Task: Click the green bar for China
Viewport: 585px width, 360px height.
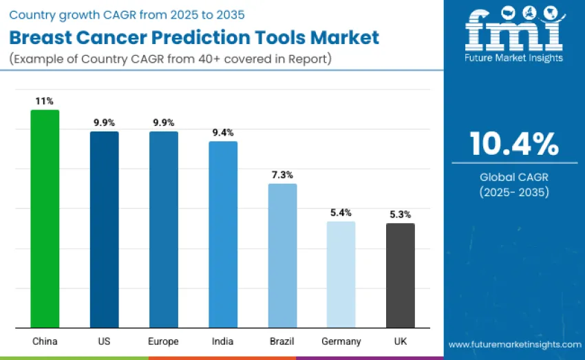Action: point(45,219)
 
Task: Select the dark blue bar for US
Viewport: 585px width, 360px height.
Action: point(104,229)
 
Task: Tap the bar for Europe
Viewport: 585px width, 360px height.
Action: point(163,229)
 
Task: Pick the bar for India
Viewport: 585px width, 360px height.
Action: point(223,234)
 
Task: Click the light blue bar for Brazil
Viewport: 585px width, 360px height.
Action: point(282,255)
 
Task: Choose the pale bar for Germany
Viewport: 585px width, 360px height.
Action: point(341,274)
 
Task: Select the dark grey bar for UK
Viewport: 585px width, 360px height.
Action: point(400,275)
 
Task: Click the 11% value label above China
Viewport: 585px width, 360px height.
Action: point(45,101)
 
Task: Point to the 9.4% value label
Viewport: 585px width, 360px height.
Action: point(223,133)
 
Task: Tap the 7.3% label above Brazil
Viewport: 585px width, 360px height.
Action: point(282,175)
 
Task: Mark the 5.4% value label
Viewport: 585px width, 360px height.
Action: point(341,213)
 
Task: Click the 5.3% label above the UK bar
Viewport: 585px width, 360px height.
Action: point(400,214)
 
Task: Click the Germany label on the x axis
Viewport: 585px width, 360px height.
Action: point(341,341)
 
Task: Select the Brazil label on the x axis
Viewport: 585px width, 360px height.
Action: point(282,341)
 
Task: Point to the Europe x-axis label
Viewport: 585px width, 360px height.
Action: point(163,341)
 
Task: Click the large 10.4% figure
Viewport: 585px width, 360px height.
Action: point(514,144)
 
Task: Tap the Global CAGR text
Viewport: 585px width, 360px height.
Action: point(514,177)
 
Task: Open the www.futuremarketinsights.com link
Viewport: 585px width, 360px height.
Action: point(514,344)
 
